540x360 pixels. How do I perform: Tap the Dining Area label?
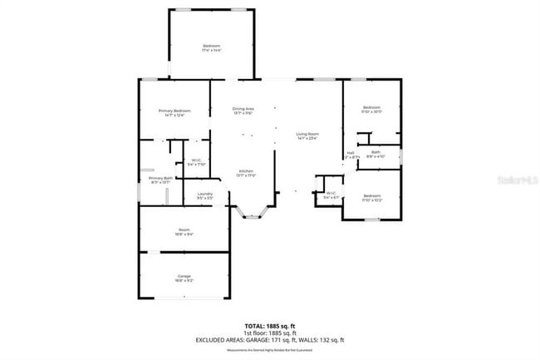tap(243, 110)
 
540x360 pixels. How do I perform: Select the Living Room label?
tap(307, 134)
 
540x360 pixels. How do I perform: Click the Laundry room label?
tap(205, 195)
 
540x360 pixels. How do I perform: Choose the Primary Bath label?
tap(160, 179)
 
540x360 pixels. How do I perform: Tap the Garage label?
tap(184, 275)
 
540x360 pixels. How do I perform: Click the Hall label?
tap(351, 153)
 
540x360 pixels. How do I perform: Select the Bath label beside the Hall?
tap(376, 152)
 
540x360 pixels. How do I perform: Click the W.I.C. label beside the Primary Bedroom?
tap(196, 160)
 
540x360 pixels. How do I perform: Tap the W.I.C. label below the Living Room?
tap(330, 194)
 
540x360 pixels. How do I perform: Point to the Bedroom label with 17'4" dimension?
tap(213, 46)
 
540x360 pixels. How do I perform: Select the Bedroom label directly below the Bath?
tap(371, 196)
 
